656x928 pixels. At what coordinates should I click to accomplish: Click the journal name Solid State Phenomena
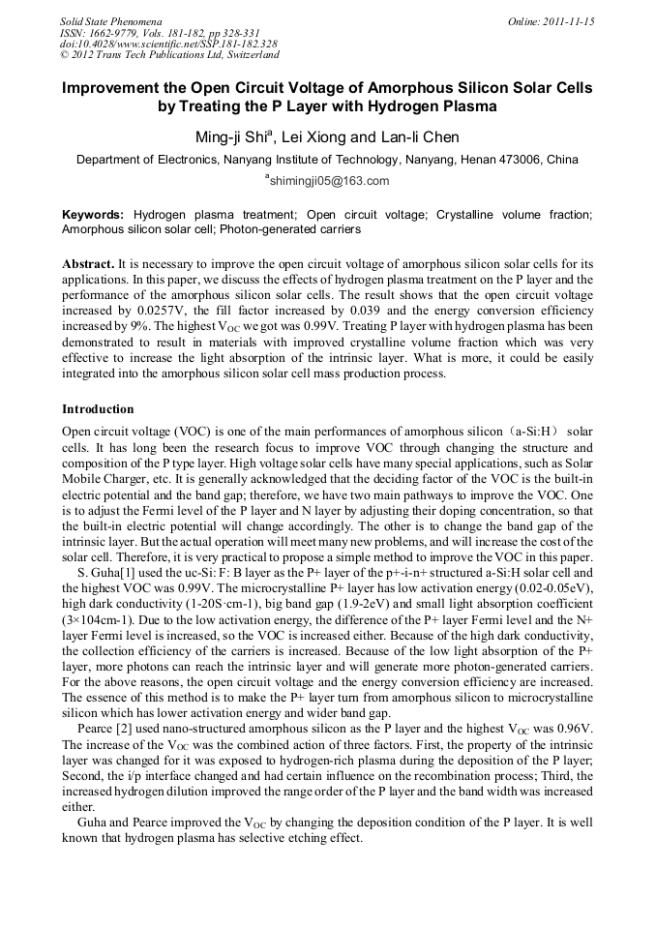[x=109, y=20]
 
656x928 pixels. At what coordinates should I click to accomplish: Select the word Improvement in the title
[x=113, y=88]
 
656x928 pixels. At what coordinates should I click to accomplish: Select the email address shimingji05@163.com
[x=329, y=181]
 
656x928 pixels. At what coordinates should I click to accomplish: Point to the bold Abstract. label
[x=88, y=264]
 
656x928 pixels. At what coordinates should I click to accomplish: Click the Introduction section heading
[x=98, y=409]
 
